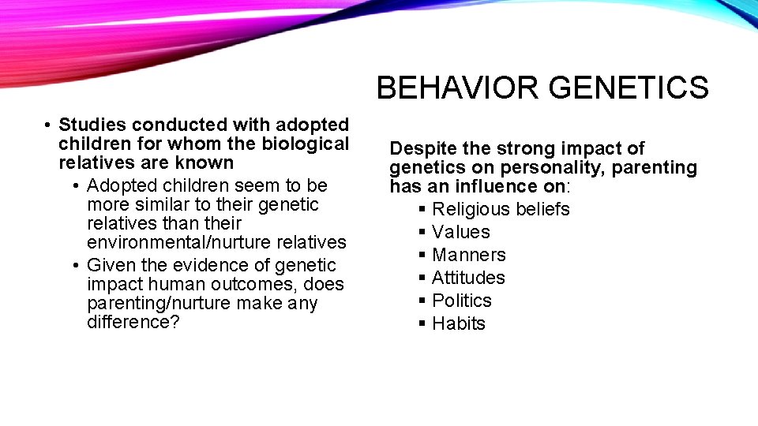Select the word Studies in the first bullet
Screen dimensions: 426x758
click(93, 125)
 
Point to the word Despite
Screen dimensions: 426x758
click(422, 148)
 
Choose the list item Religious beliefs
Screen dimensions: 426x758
click(501, 209)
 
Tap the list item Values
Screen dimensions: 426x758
click(461, 232)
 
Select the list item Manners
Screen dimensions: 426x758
click(469, 255)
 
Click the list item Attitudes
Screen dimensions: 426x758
click(468, 278)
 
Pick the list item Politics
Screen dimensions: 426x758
click(462, 301)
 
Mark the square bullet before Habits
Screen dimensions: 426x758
click(422, 323)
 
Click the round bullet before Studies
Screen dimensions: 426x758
click(48, 125)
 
